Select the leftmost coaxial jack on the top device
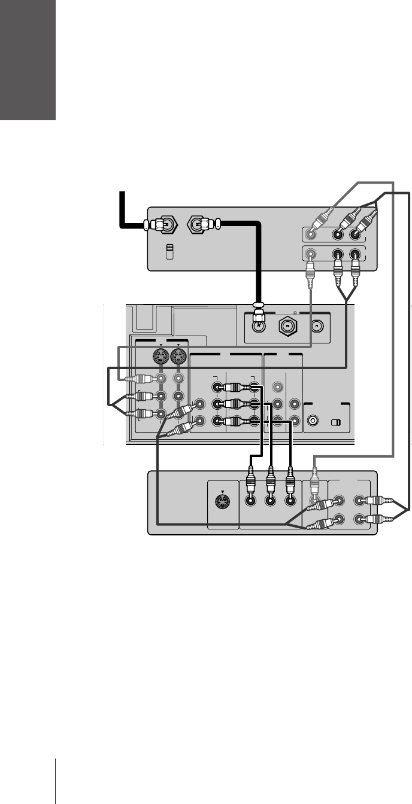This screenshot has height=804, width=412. [x=167, y=226]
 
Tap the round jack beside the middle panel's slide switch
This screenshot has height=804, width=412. [x=313, y=421]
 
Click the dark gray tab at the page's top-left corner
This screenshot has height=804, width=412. [x=28, y=60]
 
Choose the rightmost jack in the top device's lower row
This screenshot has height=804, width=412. [x=356, y=254]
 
